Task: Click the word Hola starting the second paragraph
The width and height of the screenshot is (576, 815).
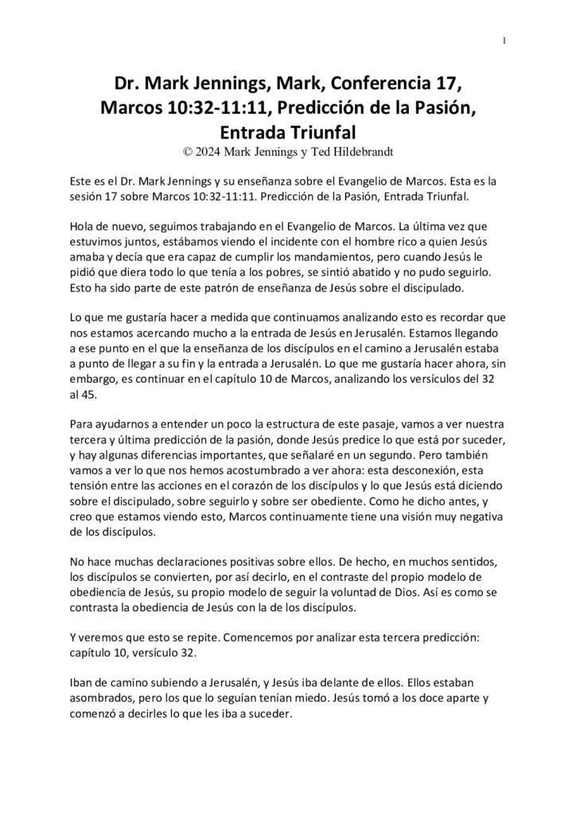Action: click(x=84, y=224)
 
